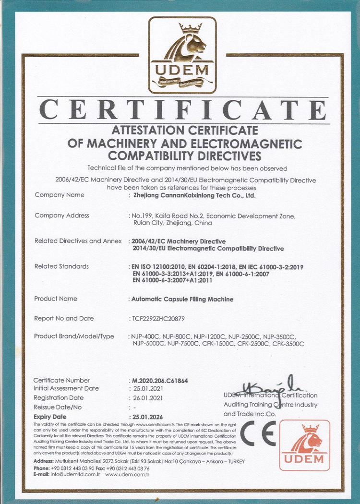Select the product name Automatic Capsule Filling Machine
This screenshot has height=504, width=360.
pyautogui.click(x=182, y=299)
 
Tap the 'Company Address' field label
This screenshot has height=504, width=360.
pyautogui.click(x=62, y=216)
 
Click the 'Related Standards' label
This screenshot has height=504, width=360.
pyautogui.click(x=61, y=266)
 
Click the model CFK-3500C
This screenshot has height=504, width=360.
pyautogui.click(x=288, y=344)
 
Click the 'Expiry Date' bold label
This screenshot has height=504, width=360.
pyautogui.click(x=50, y=417)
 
